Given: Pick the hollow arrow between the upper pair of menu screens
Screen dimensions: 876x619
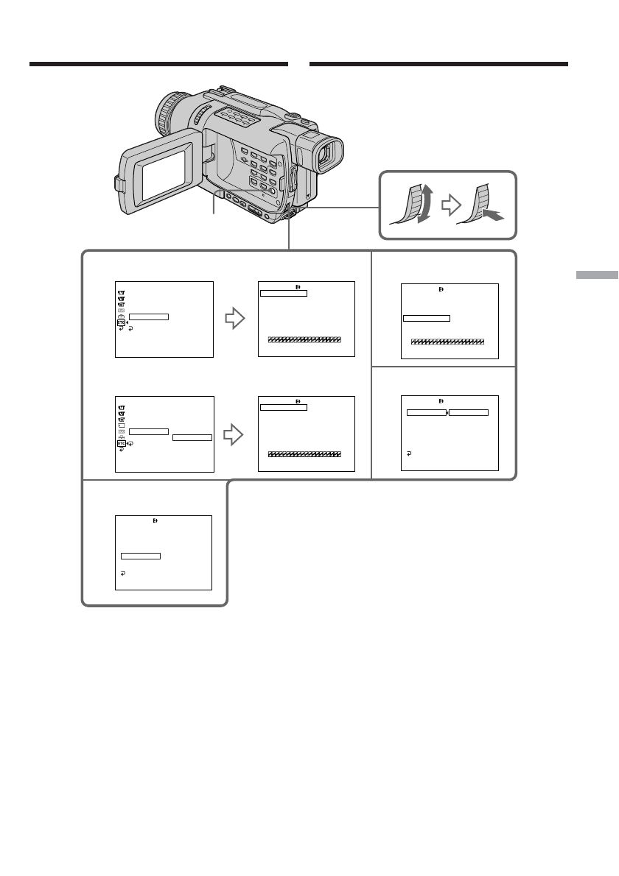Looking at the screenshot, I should [234, 319].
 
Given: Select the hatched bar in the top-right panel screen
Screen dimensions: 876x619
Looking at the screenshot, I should [447, 342].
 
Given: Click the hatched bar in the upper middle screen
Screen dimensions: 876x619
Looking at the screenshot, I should [304, 340].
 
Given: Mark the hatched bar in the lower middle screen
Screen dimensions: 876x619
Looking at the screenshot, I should [304, 454].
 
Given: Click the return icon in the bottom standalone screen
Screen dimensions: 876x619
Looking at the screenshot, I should [123, 571].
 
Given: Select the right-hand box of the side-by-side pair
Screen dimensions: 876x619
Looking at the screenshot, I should [469, 412].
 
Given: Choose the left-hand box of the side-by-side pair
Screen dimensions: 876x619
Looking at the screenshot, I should [427, 412].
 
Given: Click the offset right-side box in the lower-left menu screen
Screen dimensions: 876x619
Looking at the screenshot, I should [192, 437].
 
